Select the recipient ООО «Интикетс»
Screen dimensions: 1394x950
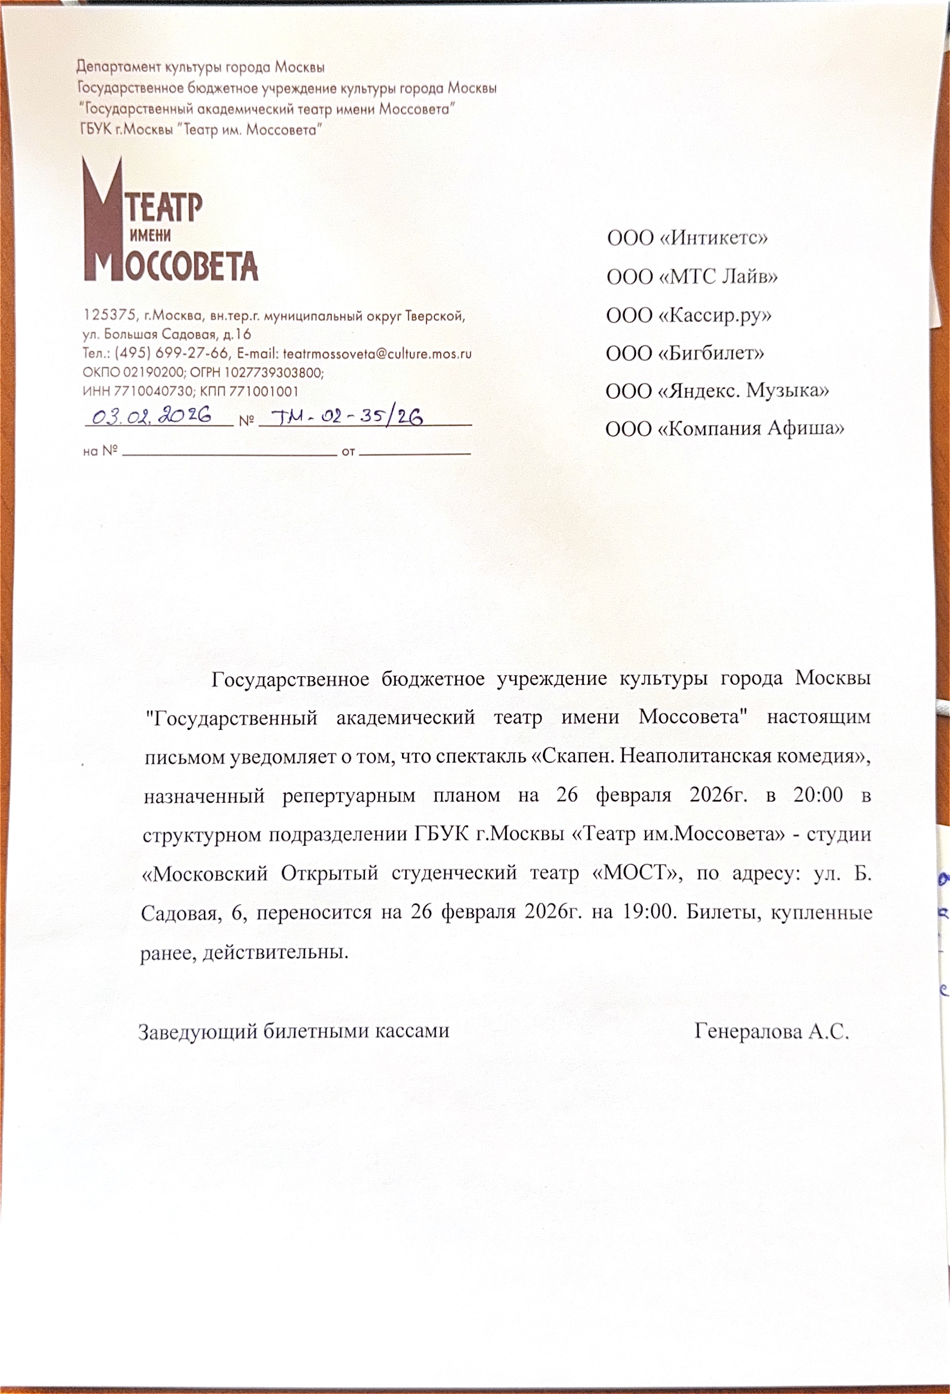(x=687, y=238)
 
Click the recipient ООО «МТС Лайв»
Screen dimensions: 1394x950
(x=692, y=277)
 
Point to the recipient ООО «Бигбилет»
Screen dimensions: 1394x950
(x=685, y=353)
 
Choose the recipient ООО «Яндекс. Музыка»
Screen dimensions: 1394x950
(x=717, y=391)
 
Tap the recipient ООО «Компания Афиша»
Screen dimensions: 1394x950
(x=725, y=429)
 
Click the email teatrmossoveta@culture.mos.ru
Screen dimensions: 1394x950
(x=377, y=354)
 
